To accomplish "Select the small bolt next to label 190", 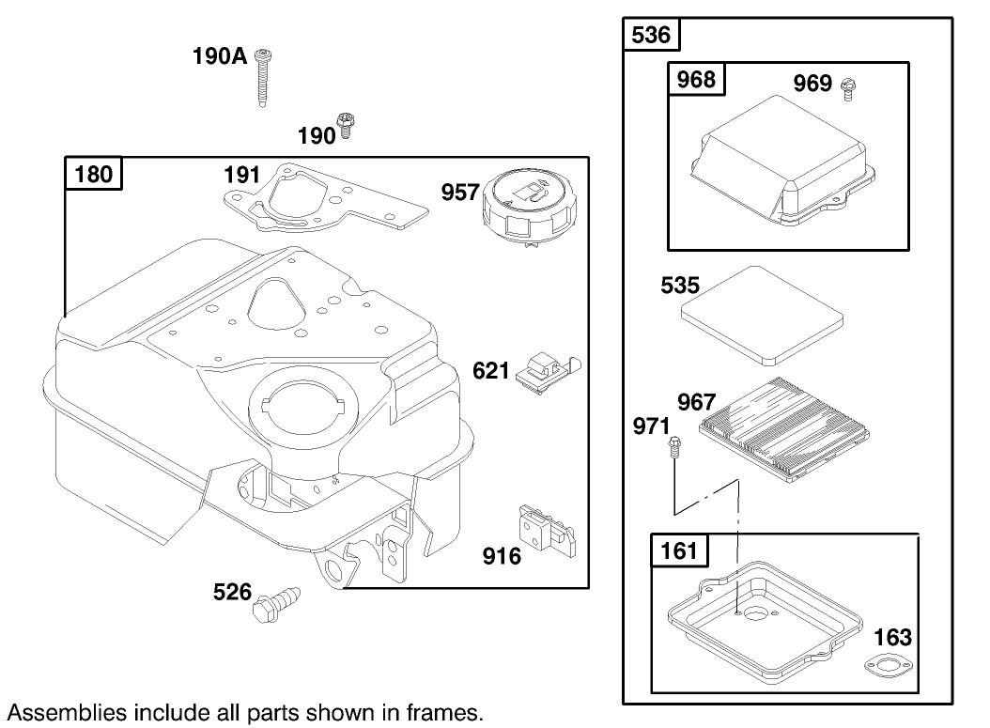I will pyautogui.click(x=346, y=125).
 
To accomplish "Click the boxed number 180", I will pyautogui.click(x=94, y=174).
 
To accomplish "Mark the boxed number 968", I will pyautogui.click(x=696, y=79).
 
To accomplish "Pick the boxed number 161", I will pyautogui.click(x=680, y=549).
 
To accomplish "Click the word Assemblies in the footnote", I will pyautogui.click(x=56, y=711).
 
